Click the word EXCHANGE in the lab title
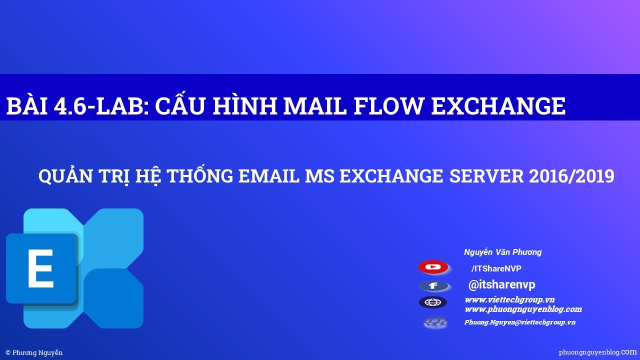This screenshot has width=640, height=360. [498, 106]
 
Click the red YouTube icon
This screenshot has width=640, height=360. [433, 267]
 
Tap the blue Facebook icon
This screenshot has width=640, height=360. [433, 286]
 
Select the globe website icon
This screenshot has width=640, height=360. [433, 302]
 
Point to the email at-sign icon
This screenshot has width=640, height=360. [435, 322]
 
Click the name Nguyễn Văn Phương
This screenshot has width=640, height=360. [502, 252]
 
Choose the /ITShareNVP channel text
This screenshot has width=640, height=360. [496, 268]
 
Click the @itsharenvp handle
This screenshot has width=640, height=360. [501, 284]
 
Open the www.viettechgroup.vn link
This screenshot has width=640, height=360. [509, 299]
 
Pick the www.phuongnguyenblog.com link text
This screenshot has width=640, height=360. [523, 309]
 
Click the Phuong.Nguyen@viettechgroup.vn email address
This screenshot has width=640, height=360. [519, 322]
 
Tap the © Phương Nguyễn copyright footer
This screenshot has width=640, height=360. [34, 352]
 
